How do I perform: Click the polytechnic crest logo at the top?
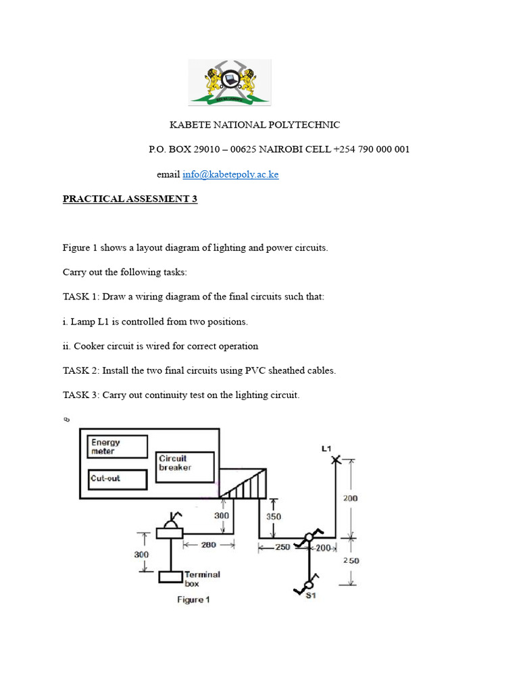click(x=229, y=82)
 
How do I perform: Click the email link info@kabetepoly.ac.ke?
click(x=230, y=174)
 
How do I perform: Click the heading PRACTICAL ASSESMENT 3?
click(x=130, y=199)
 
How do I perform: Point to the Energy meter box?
click(x=118, y=447)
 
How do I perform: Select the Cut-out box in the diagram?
click(x=118, y=479)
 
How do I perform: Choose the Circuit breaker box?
click(x=184, y=467)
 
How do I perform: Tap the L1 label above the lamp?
click(x=326, y=448)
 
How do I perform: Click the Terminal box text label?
click(x=202, y=578)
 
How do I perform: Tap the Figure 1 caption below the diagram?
click(x=193, y=599)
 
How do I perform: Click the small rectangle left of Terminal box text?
click(x=171, y=577)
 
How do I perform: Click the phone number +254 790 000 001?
click(x=371, y=149)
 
